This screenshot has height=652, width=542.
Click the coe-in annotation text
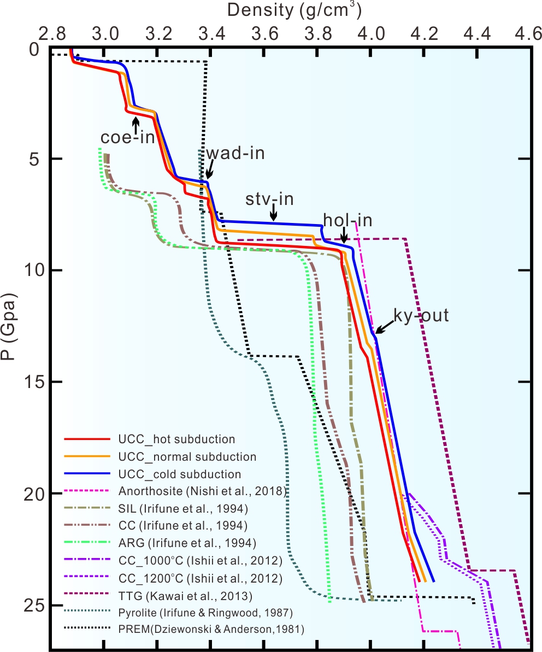click(x=127, y=137)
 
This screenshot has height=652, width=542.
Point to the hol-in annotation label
click(x=347, y=221)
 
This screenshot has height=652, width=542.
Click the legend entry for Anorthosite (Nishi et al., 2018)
click(x=202, y=491)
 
